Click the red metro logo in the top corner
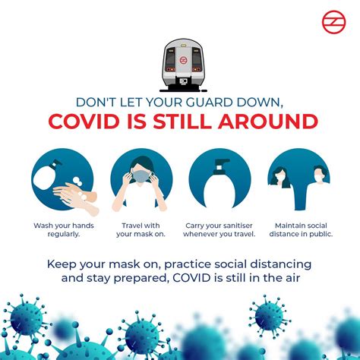(x=333, y=22)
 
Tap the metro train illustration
(x=183, y=65)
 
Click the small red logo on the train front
(x=183, y=60)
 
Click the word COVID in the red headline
(x=84, y=122)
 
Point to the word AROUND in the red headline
(x=268, y=122)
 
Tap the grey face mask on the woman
(x=141, y=176)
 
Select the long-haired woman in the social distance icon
(x=279, y=177)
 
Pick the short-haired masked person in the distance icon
(x=320, y=175)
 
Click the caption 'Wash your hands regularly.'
(x=64, y=229)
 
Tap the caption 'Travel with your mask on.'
(x=141, y=229)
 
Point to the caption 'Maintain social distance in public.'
(x=301, y=229)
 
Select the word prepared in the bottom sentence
(x=141, y=279)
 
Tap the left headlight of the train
(x=170, y=69)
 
